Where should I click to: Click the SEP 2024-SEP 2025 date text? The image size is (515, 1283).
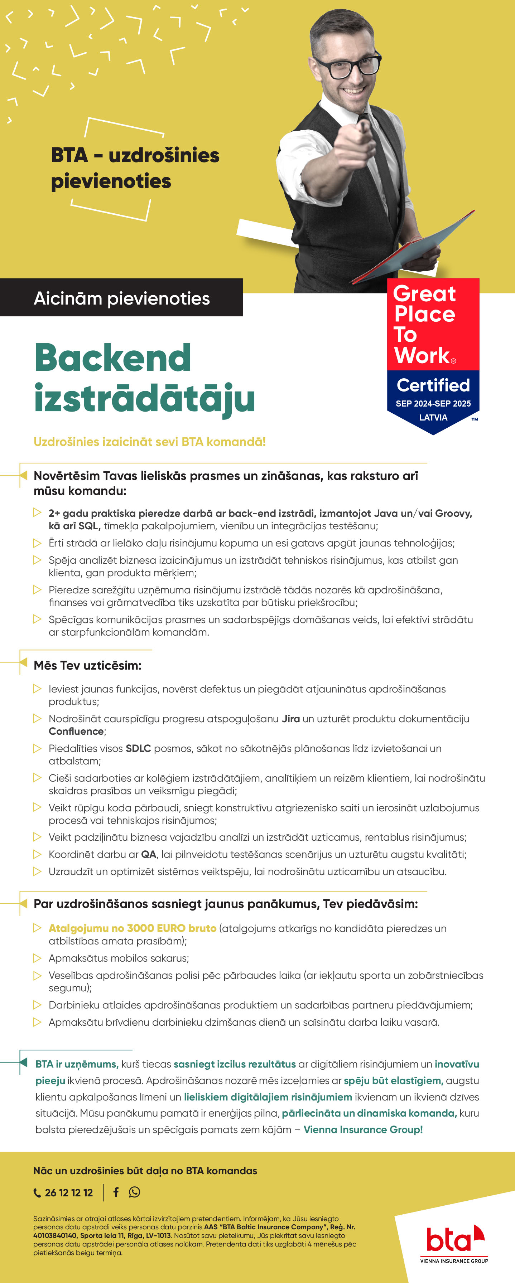tap(433, 403)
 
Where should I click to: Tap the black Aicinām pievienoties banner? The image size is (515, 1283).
tap(121, 298)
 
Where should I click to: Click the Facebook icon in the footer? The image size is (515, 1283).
tap(116, 1192)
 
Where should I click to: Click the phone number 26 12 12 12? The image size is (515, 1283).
tap(68, 1192)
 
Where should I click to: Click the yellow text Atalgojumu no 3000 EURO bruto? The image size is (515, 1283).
tap(132, 928)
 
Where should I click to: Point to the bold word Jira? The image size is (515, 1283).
tap(291, 718)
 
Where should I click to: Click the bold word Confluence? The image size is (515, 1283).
tap(76, 731)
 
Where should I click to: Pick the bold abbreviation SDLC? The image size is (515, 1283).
tap(138, 748)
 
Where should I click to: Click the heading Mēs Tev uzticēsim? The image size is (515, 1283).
tap(87, 665)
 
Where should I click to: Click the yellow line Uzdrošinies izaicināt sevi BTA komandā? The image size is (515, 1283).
tap(150, 441)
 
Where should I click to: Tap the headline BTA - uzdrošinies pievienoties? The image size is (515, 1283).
tap(135, 168)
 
